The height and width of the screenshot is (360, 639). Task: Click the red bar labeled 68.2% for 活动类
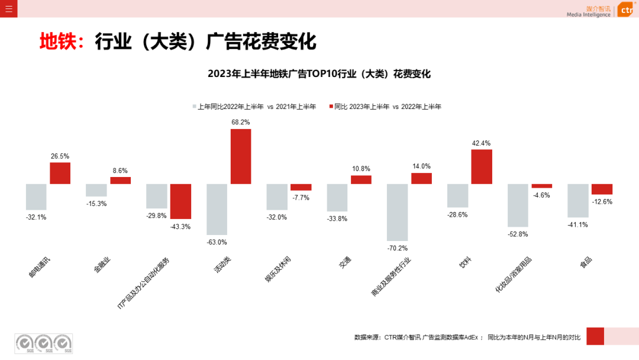[241, 156]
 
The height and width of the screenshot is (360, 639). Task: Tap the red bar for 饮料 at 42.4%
[482, 166]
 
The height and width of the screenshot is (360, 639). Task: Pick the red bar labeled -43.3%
[180, 201]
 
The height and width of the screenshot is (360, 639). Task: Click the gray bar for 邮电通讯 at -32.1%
[36, 197]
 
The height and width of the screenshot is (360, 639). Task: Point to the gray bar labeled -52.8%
[518, 205]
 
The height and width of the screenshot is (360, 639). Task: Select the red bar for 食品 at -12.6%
[602, 189]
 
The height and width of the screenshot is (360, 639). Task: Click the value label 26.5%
[60, 156]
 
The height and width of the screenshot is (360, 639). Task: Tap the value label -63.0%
[217, 242]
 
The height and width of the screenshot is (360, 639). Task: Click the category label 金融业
[102, 265]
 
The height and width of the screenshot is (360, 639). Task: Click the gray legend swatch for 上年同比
[193, 107]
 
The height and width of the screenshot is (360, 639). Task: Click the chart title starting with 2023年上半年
[319, 74]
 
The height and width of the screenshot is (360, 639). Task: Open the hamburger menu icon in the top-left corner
[9, 8]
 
